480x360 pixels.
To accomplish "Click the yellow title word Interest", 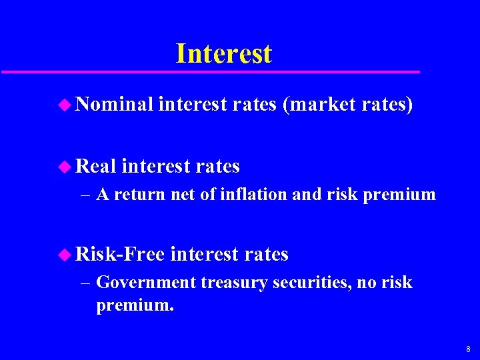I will (x=223, y=53).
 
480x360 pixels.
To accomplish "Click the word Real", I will (x=96, y=165).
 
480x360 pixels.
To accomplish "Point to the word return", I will (x=143, y=195).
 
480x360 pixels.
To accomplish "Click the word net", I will (x=183, y=195).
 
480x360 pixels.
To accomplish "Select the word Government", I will (x=147, y=283).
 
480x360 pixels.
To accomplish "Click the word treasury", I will (x=229, y=283).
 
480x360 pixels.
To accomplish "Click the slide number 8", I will (x=468, y=349).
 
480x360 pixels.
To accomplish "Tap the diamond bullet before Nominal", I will (x=64, y=104).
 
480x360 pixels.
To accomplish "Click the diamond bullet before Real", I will (x=64, y=166).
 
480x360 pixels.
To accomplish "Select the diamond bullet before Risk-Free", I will (x=64, y=254).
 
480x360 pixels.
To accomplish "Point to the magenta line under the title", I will (x=210, y=71).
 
